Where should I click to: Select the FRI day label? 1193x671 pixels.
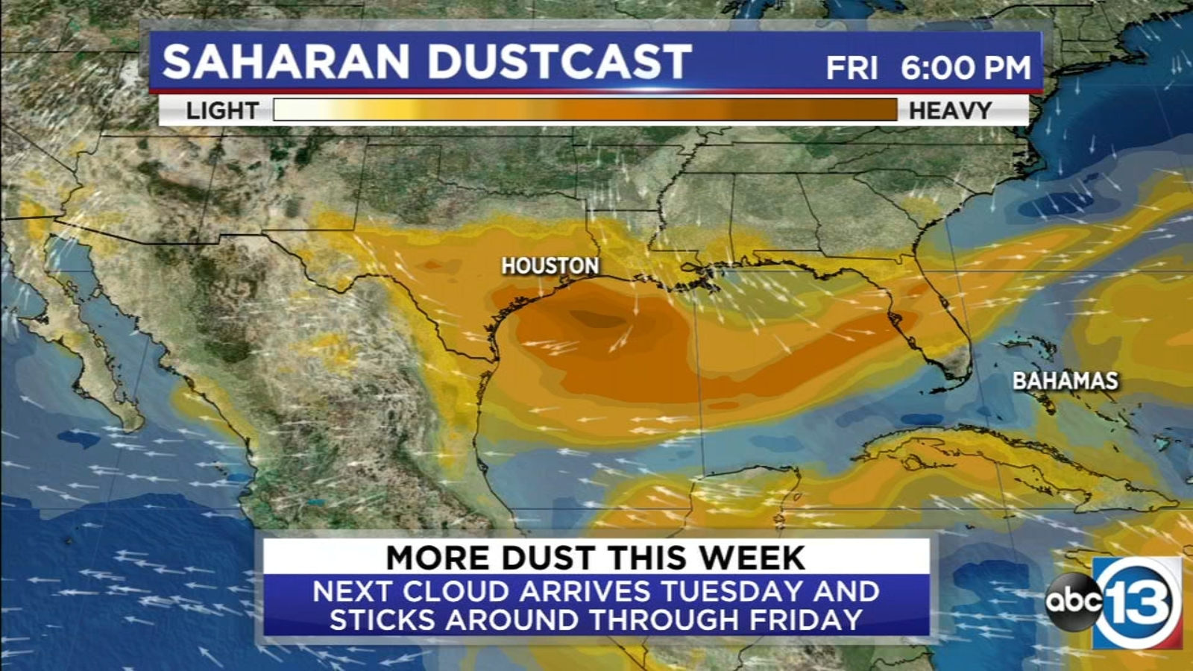click(852, 69)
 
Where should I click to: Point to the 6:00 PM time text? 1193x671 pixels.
click(966, 69)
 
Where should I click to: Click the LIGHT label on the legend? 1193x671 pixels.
click(222, 111)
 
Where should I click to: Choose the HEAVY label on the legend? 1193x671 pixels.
click(950, 111)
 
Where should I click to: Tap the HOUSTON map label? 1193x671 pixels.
click(550, 265)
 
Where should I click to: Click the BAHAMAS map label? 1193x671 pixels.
click(1065, 381)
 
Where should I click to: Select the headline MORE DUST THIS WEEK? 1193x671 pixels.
click(595, 558)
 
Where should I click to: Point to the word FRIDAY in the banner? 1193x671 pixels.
click(806, 620)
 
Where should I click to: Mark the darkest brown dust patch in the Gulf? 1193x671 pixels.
click(596, 319)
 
